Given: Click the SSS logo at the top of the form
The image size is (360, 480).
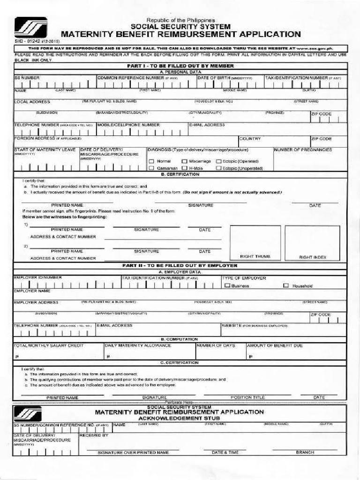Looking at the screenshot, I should [30, 27].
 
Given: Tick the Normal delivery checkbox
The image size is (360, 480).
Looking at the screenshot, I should [151, 161].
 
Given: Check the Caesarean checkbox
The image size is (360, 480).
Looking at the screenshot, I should [151, 168].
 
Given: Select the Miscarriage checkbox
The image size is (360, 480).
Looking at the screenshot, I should [184, 161].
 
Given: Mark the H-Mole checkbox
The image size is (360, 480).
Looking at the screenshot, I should [184, 168].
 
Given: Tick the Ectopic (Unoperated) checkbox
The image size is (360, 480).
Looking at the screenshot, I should [218, 168].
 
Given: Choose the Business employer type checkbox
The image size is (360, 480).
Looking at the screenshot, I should [227, 285].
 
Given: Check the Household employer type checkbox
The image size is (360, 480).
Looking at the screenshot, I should [286, 285].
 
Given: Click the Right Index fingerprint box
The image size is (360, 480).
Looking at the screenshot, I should [312, 241].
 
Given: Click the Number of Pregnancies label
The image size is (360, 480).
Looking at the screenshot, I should [303, 150].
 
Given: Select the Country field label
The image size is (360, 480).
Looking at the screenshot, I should [250, 139].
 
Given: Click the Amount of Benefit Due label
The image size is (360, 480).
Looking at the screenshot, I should [275, 345].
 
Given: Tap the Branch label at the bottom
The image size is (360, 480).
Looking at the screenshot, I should [305, 452].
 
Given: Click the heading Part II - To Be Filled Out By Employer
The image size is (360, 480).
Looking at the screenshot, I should [180, 265].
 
